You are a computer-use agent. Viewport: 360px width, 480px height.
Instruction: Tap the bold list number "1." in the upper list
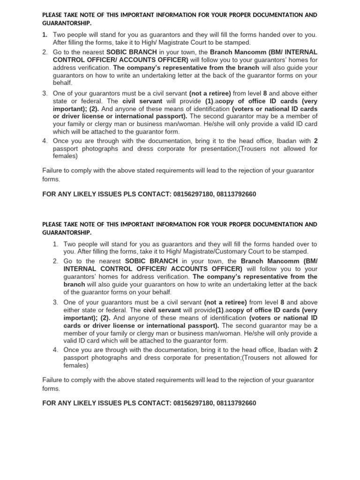[45, 35]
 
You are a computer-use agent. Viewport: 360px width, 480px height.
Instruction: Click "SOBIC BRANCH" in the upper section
[127, 52]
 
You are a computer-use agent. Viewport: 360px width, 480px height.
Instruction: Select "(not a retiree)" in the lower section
[225, 302]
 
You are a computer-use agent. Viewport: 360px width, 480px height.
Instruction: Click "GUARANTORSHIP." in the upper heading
[67, 23]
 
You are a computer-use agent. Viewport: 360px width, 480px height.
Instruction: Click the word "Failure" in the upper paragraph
[52, 171]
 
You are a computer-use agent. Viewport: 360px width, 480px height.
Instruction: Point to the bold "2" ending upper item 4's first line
[315, 141]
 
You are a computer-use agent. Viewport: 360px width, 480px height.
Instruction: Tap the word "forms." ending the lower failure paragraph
[51, 389]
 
